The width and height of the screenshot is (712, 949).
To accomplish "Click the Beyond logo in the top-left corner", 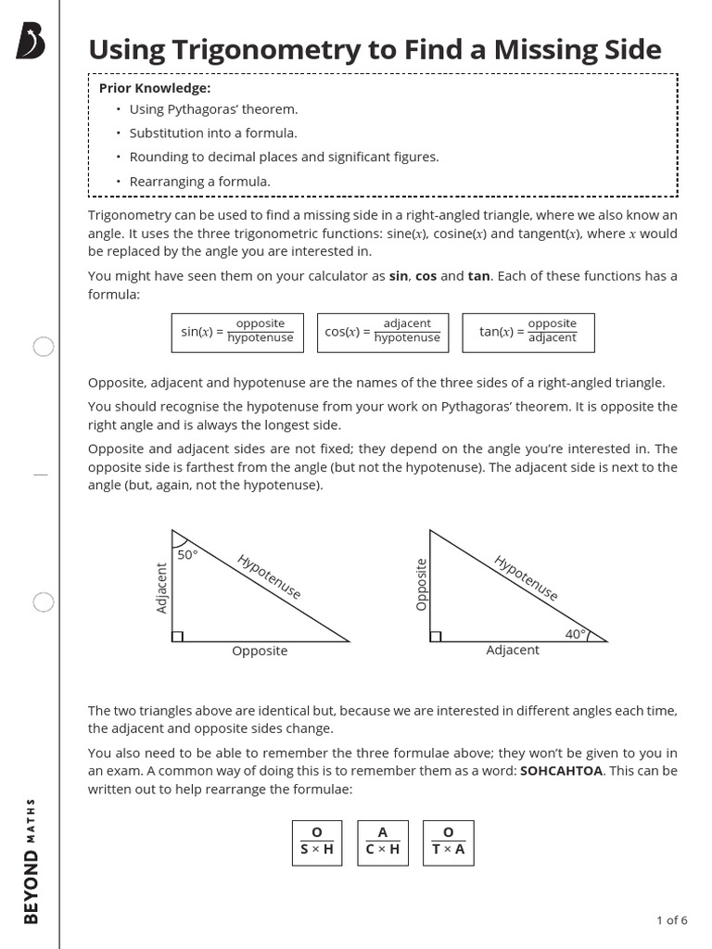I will click(31, 42).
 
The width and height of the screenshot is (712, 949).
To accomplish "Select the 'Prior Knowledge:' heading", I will click(155, 88).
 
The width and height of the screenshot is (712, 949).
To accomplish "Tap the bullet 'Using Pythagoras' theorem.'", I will click(213, 109).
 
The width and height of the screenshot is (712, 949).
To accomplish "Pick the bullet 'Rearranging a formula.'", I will click(199, 182).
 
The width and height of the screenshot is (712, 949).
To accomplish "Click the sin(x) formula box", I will click(238, 332).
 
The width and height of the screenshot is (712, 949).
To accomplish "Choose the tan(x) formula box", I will click(528, 332).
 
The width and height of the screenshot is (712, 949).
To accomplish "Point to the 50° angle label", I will click(188, 554).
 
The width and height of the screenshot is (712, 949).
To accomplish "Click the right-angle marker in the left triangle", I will click(178, 636).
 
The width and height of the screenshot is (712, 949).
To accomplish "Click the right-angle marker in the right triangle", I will click(436, 636).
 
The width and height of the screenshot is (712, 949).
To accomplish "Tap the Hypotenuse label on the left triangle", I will click(269, 576).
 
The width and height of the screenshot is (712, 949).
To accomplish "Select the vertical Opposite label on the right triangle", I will click(422, 584).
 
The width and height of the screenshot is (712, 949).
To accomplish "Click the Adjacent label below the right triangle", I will click(513, 651).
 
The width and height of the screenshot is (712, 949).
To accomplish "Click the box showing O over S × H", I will click(316, 841).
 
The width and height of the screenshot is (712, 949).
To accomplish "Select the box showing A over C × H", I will click(382, 841).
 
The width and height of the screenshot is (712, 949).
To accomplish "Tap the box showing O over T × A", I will click(448, 841).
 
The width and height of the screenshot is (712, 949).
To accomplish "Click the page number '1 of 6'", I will click(671, 920).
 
